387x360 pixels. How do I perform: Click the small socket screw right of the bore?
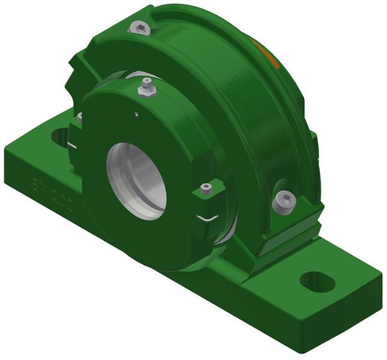coord(206,190)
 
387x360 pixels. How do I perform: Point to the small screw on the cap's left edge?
coord(79,118)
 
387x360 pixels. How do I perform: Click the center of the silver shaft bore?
coord(137,179)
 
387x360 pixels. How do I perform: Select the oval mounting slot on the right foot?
coord(317,281)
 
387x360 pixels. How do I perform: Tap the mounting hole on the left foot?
coord(61,137)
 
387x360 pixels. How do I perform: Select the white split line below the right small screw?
coord(209,218)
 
